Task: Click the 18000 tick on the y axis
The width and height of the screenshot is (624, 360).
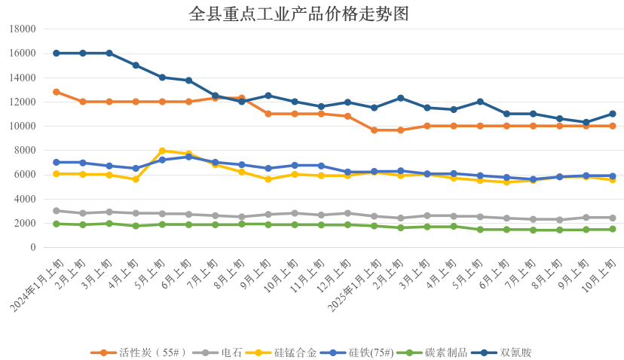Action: coord(23,29)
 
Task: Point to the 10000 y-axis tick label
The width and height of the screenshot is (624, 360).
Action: coord(23,127)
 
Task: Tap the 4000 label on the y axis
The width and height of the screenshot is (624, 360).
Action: coord(26,199)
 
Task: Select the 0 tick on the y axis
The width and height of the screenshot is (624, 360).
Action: coord(32,248)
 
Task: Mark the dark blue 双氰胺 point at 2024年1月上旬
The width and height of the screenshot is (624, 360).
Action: coord(57,53)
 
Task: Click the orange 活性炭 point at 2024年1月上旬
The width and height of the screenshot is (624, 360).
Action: coord(57,92)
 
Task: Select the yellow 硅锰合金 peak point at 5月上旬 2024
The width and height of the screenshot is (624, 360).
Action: coord(162,151)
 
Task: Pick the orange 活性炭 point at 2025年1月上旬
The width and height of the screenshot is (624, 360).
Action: coord(374,130)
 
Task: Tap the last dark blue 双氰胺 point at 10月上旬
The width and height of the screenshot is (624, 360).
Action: coord(613,114)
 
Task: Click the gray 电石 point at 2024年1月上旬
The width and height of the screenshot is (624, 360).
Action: coord(57,211)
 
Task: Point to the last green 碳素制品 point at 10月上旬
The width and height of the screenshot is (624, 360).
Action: coord(613,229)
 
